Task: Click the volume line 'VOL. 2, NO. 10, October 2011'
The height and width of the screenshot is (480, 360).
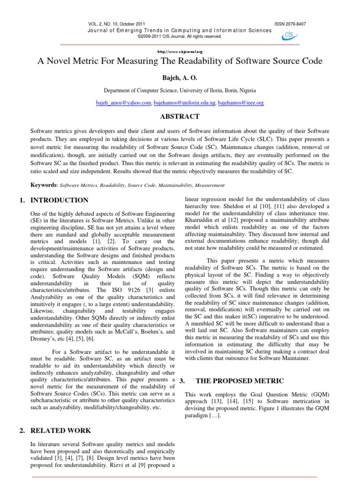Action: tap(116, 24)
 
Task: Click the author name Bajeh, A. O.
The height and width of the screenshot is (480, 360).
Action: tap(180, 75)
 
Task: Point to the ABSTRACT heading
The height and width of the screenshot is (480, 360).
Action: tap(180, 117)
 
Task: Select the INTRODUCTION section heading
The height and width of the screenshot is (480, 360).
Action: tap(59, 200)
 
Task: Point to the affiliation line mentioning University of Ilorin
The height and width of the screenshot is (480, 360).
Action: tap(180, 90)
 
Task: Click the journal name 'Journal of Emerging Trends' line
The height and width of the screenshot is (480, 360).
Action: tap(180, 30)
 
